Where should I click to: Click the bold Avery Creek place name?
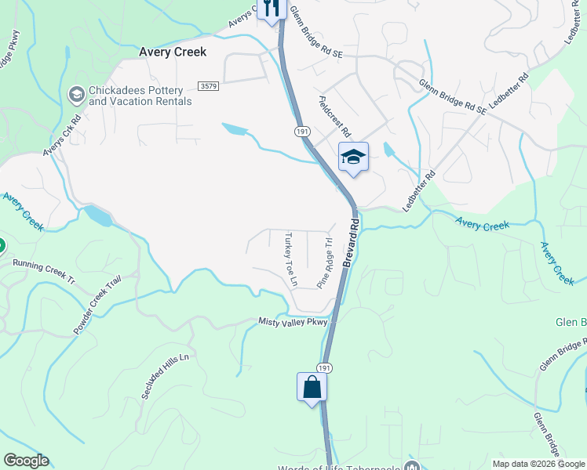click(x=172, y=52)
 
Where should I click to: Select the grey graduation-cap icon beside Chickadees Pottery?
click(x=76, y=96)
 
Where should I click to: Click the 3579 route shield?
click(x=208, y=85)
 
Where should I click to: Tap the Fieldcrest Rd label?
click(x=334, y=117)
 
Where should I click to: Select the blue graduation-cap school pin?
click(x=353, y=157)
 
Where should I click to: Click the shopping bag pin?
click(x=312, y=387)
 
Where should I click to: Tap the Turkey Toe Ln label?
click(x=290, y=258)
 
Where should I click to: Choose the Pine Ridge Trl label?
click(x=325, y=263)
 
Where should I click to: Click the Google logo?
click(x=26, y=461)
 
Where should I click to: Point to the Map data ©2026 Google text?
click(x=538, y=464)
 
